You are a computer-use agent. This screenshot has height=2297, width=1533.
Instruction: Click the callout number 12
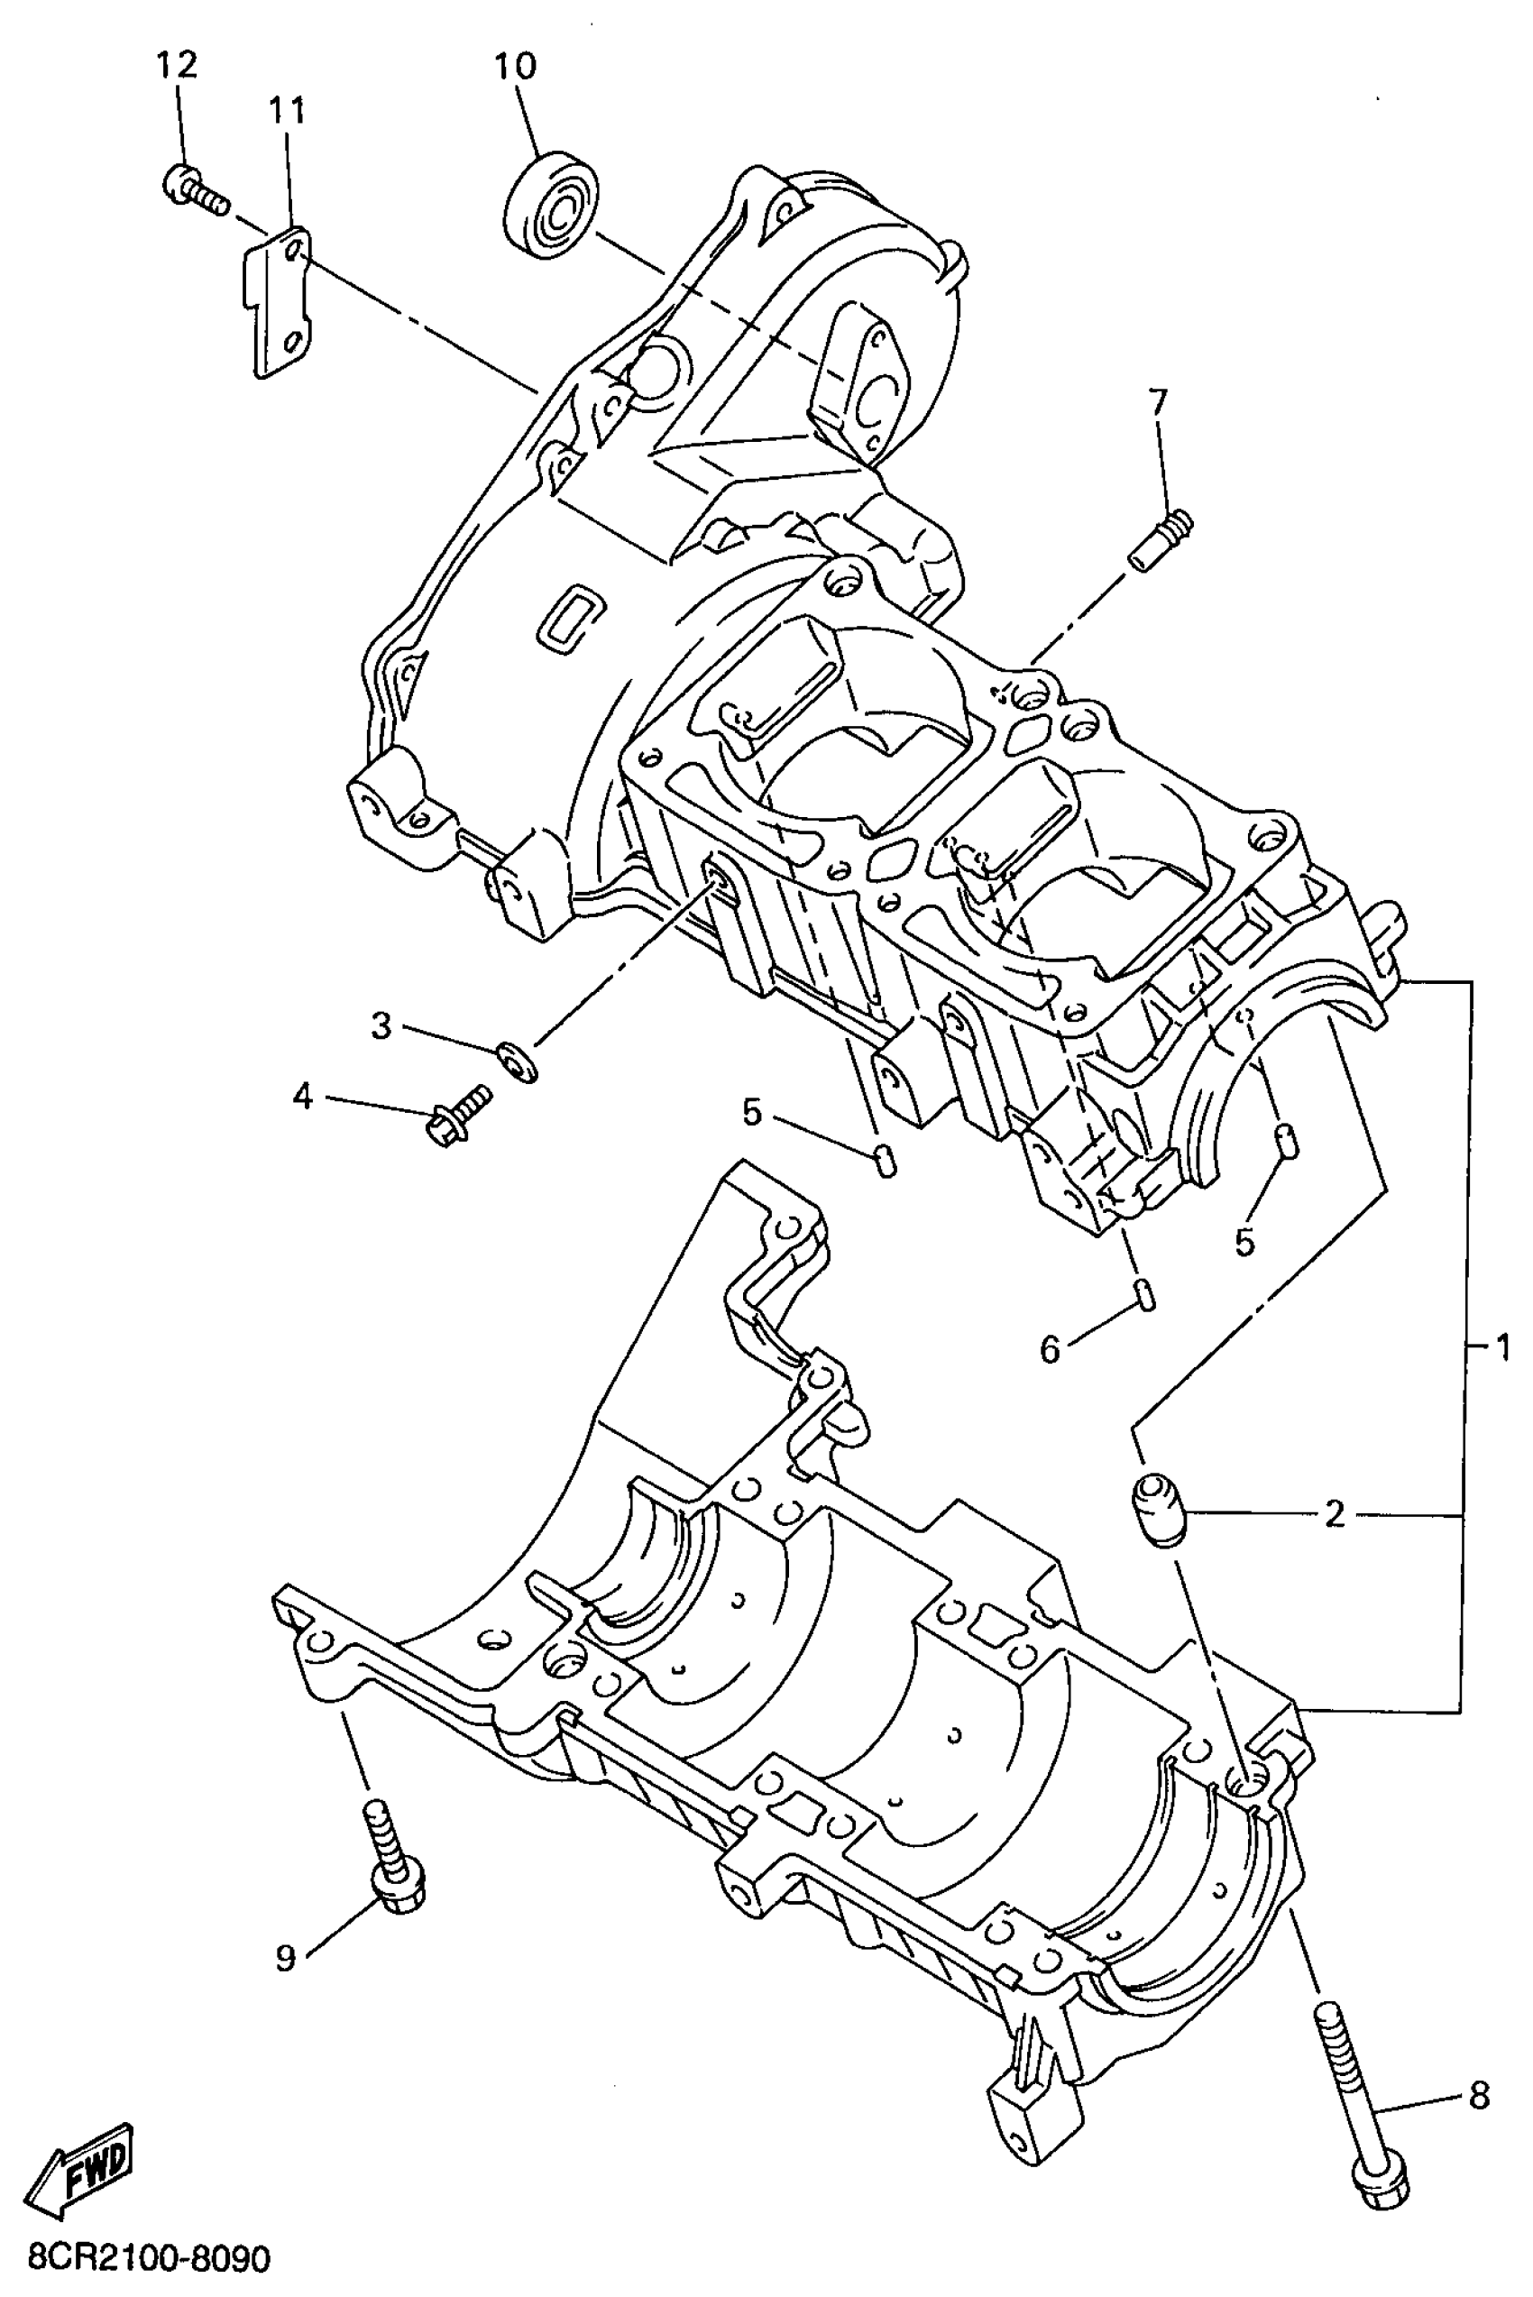(x=177, y=66)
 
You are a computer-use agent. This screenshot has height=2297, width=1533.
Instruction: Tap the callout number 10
(x=514, y=67)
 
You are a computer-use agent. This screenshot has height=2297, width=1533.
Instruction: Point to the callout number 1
(x=1501, y=1348)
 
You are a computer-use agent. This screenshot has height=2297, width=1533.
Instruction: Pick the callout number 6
(x=1049, y=1349)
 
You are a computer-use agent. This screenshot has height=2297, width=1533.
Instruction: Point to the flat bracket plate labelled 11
(x=277, y=299)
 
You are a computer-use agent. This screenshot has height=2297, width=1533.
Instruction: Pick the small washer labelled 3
(x=516, y=1060)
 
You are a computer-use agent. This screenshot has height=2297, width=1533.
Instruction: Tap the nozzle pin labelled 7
(x=1160, y=540)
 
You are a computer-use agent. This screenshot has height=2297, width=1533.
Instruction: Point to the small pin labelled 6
(x=1146, y=1291)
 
